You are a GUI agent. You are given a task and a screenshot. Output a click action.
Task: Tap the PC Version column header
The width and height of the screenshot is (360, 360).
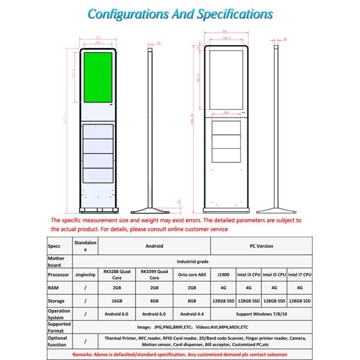(261, 246)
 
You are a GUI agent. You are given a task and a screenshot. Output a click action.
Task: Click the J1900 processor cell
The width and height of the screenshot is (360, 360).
(223, 274)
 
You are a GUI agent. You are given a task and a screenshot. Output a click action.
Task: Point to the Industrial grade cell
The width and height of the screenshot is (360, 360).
(192, 262)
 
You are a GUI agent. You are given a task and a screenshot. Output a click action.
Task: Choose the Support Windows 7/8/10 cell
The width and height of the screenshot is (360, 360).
(261, 314)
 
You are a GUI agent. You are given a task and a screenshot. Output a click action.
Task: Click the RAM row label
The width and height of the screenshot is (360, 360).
(56, 288)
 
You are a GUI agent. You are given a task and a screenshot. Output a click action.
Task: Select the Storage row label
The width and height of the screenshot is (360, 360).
(57, 301)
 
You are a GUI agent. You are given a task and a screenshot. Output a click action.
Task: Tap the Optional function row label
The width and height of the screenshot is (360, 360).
(58, 341)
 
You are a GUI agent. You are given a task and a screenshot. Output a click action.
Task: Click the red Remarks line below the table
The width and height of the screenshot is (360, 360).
(180, 355)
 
